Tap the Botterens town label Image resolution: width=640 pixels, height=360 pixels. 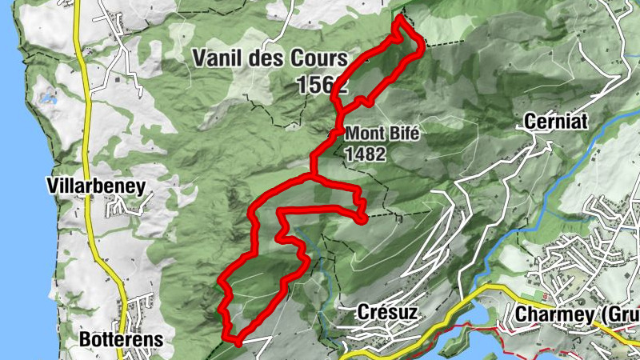pyautogui.click(x=121, y=339)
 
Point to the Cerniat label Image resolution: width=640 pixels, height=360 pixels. pyautogui.click(x=552, y=122)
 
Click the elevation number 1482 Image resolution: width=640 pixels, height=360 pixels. pyautogui.click(x=366, y=154)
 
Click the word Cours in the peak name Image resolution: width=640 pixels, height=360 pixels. pyautogui.click(x=321, y=58)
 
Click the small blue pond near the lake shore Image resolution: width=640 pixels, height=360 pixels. pyautogui.click(x=49, y=101)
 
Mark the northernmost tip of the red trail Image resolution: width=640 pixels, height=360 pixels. pyautogui.click(x=399, y=18)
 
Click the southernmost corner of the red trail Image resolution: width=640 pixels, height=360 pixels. pyautogui.click(x=237, y=342)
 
